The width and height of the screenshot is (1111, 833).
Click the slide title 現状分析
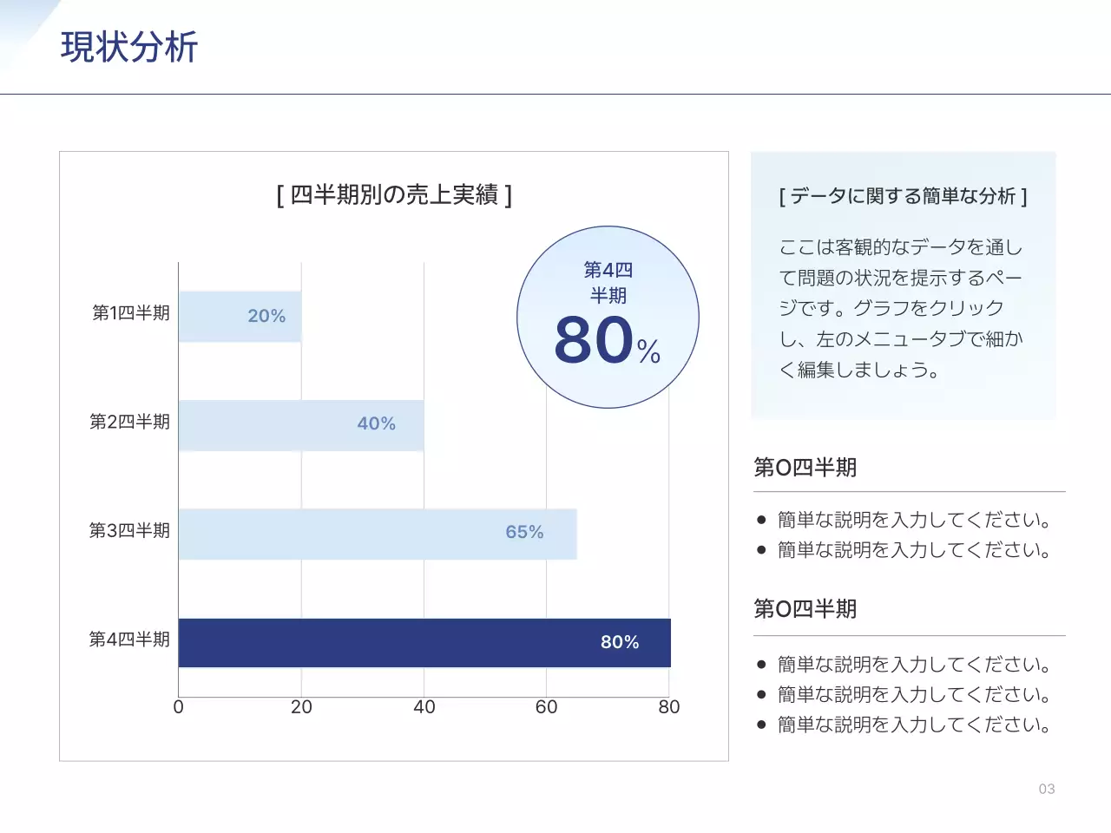point(129,47)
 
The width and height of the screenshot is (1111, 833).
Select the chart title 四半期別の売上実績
point(394,194)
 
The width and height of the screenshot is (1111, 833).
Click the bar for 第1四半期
point(240,317)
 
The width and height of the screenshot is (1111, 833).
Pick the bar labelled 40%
point(300,425)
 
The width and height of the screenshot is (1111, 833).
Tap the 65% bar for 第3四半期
point(377,534)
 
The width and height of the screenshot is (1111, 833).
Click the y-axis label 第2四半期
point(130,422)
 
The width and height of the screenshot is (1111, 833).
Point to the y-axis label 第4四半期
point(130,640)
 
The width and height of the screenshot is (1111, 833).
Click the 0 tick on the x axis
point(179,707)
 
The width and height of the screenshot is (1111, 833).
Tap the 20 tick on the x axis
point(301,707)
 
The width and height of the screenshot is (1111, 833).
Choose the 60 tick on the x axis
point(547,707)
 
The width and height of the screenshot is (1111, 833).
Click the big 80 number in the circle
point(595,339)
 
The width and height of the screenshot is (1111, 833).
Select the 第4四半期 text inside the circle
point(608,283)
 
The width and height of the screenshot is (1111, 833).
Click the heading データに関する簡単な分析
point(903,196)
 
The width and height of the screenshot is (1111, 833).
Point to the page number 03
point(1047,789)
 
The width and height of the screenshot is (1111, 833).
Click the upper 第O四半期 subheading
point(805,468)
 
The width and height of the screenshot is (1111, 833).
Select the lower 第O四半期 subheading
point(805,609)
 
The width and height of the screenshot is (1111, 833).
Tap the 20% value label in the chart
point(266,316)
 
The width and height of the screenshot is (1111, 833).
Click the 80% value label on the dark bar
point(620,642)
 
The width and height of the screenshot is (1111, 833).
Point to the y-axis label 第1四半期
point(131,313)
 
